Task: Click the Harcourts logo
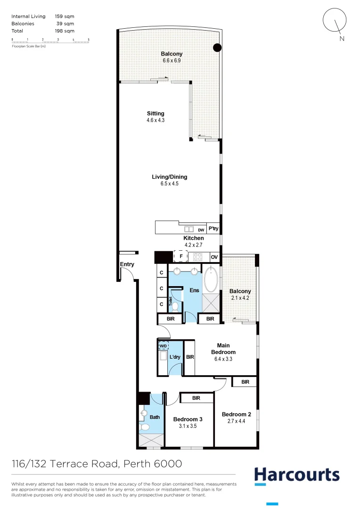[x=296, y=475]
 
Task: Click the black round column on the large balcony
[x=217, y=47]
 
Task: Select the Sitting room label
[x=155, y=114]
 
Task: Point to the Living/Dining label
[x=169, y=177]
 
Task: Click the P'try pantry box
[x=213, y=229]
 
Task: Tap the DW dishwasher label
[x=201, y=230]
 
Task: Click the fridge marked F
[x=181, y=257]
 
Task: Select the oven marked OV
[x=214, y=257]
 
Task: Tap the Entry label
[x=127, y=264]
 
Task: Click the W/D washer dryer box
[x=163, y=345]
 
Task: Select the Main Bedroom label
[x=223, y=349]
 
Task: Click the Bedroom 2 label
[x=237, y=414]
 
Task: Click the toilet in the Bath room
[x=144, y=427]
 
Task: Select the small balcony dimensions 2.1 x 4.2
[x=240, y=297]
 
